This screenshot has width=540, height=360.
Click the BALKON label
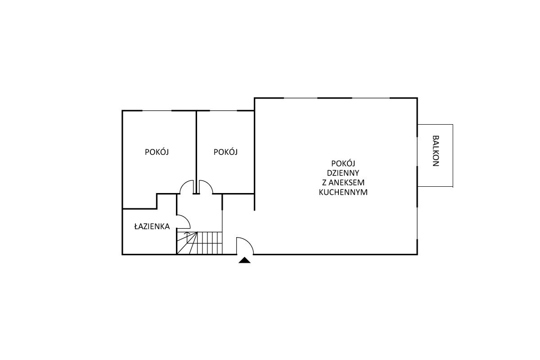[x=436, y=151]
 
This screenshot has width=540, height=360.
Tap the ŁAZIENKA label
[x=152, y=226]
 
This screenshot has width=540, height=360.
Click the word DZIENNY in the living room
[x=343, y=173]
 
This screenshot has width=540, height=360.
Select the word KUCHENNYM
[x=343, y=192]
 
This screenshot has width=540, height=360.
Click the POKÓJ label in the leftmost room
[x=157, y=152]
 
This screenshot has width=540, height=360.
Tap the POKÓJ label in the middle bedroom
[x=225, y=152]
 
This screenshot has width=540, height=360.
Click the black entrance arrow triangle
[x=244, y=260]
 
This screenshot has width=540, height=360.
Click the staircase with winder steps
[x=199, y=243]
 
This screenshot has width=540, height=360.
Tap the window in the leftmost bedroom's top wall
[x=157, y=111]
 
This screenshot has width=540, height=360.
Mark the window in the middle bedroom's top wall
[x=224, y=111]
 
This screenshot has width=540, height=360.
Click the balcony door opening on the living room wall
[x=417, y=152]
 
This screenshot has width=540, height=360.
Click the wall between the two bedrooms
[x=197, y=152]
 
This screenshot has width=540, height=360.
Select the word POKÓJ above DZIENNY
[x=343, y=164]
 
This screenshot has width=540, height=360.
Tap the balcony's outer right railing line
[x=453, y=156]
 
